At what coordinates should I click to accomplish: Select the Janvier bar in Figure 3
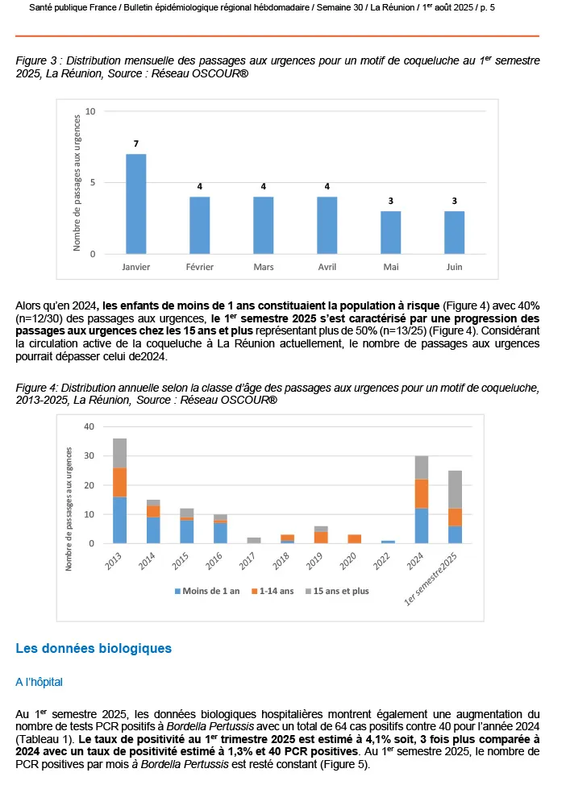coord(136,204)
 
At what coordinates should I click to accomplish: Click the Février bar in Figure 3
coord(200,226)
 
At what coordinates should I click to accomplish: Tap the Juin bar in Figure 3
coord(454,233)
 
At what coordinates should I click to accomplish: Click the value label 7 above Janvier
coord(136,143)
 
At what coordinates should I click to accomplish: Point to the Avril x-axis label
coord(327,266)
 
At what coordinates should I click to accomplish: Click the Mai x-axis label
coord(390,266)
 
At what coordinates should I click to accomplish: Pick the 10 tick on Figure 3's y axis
coord(91,111)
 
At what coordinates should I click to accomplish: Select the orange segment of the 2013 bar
coord(119,482)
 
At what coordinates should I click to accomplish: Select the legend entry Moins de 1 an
coord(209,591)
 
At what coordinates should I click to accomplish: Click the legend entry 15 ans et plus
coord(339,591)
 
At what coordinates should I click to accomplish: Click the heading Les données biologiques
coord(94,648)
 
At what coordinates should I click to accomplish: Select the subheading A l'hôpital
coord(40,682)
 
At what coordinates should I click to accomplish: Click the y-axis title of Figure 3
coord(77,182)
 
